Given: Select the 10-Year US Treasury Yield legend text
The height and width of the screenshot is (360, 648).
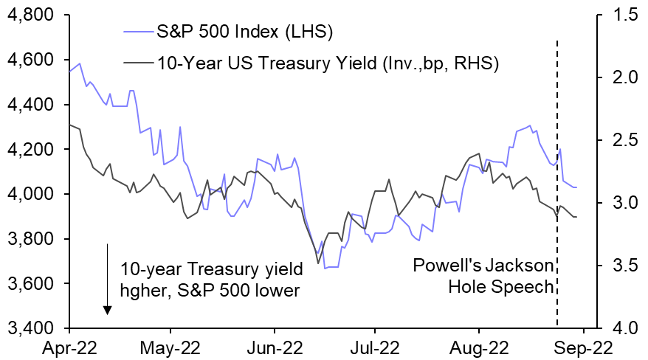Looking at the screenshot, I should [x=328, y=63].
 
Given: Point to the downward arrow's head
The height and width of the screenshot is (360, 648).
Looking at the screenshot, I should [x=108, y=310].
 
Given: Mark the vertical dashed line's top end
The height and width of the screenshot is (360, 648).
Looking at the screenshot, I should [x=556, y=42].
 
